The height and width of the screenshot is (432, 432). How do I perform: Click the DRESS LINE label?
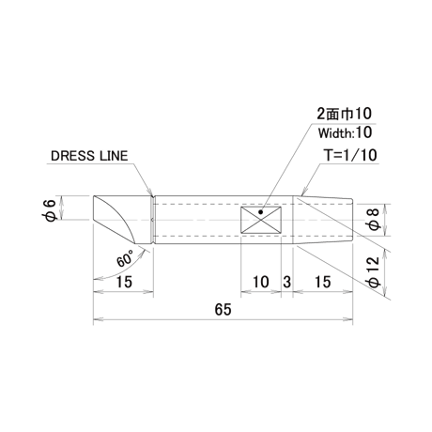pos(89,156)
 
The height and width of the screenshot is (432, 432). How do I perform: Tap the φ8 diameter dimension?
pos(374,220)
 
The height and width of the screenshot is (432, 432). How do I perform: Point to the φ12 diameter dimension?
pos(374,271)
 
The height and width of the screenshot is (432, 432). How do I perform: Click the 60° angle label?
pos(125,258)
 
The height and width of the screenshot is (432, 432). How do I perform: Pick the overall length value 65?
pos(224,310)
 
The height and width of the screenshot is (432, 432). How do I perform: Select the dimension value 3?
pos(286,282)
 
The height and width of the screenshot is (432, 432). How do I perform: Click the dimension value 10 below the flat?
pos(261,282)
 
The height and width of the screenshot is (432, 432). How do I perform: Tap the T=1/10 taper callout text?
pos(350,155)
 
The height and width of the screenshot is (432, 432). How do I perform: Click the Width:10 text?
pos(345,132)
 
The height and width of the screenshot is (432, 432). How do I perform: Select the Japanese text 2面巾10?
pos(345,114)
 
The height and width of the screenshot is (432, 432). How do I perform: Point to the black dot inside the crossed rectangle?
pos(260,212)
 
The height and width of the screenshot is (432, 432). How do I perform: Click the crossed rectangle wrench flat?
pos(261,220)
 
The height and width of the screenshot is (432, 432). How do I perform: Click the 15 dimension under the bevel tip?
pos(124,282)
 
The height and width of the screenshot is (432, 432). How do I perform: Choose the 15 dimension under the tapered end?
pos(323,282)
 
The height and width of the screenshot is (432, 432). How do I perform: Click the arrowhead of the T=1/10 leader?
pos(302,193)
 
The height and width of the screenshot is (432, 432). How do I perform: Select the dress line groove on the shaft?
pos(153,220)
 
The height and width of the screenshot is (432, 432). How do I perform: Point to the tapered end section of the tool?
pos(323,220)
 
